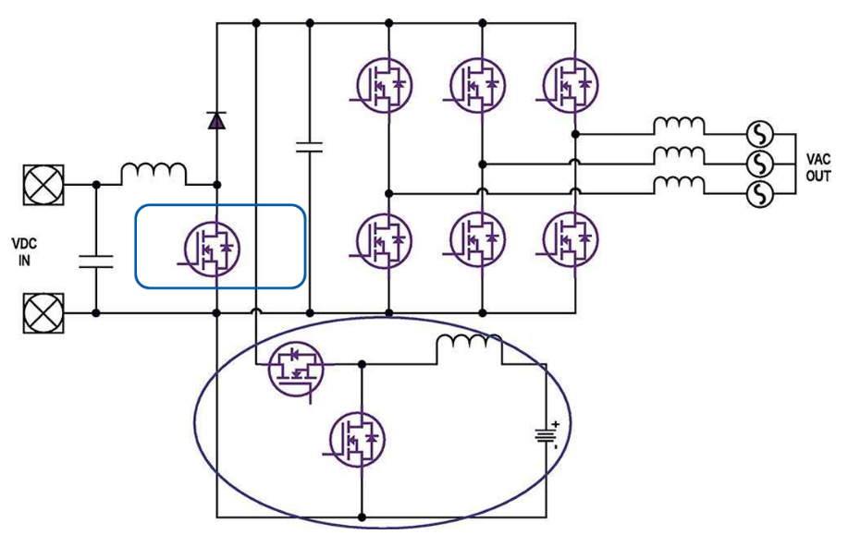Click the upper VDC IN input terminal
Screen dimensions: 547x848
pos(43,185)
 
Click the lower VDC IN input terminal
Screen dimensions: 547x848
pos(43,313)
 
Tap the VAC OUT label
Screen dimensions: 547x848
pos(817,168)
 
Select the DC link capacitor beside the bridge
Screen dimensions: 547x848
pos(309,145)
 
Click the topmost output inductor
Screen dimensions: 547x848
pos(679,126)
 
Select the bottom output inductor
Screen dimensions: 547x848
pos(679,185)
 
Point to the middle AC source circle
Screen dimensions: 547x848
pos(759,164)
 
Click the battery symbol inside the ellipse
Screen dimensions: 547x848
pos(546,435)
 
